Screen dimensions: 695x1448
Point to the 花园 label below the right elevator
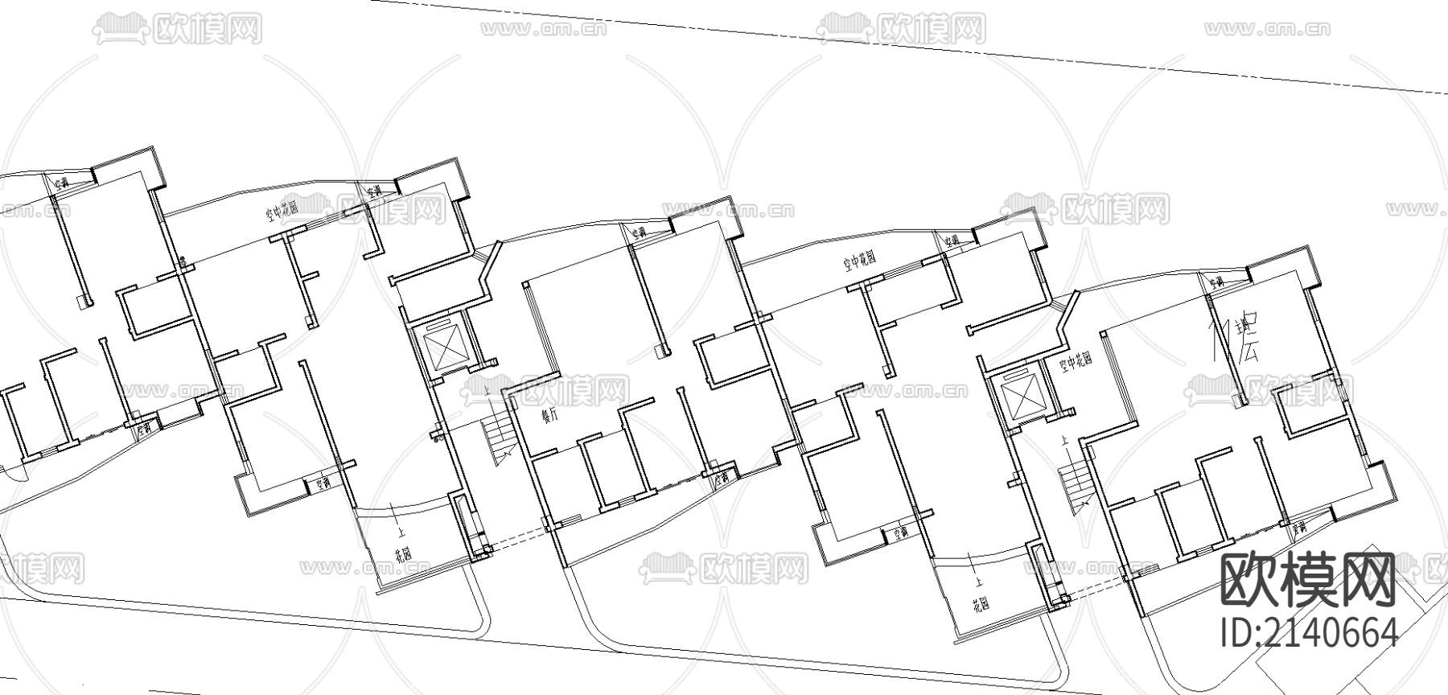980,603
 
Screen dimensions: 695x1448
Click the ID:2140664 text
1310,633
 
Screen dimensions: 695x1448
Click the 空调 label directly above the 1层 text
1215,282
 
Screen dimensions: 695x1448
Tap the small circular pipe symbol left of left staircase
437,439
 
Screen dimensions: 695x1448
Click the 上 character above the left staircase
488,392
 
